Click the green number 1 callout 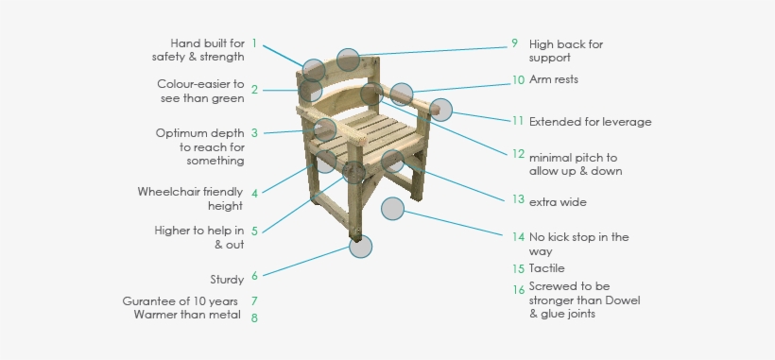point(254,43)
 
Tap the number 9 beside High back point(514,43)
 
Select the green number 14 point(518,237)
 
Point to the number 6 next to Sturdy point(254,276)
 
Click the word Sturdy point(227,280)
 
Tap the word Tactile point(546,268)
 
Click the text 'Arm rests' point(554,79)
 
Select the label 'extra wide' point(558,202)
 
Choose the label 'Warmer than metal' point(187,315)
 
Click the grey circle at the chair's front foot point(360,247)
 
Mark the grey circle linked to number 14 point(393,209)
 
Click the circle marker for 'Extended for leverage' point(440,111)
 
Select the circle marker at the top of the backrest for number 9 point(349,60)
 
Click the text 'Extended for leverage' point(590,122)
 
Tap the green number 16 point(518,290)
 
